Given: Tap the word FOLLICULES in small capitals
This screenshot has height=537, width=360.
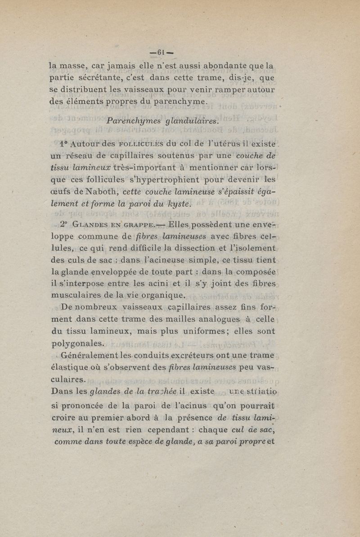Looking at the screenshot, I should pos(142,145).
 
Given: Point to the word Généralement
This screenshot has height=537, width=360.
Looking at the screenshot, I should pos(87,355).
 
